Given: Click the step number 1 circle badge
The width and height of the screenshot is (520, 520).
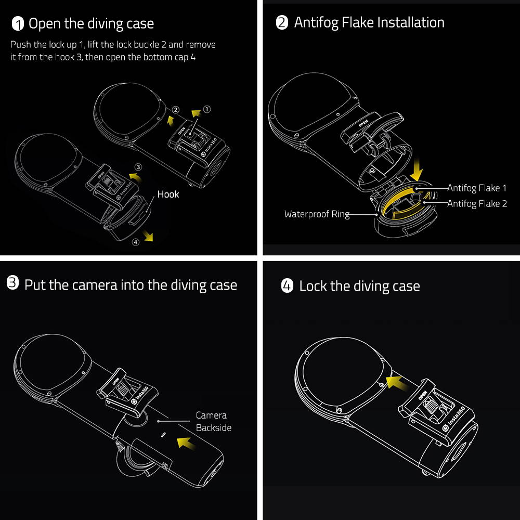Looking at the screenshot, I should click(18, 24).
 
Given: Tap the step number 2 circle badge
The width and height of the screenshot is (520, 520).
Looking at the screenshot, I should click(282, 23).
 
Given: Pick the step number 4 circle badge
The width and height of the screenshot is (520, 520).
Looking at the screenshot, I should click(287, 286).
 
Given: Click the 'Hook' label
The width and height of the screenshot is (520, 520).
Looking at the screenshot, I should click(168, 194).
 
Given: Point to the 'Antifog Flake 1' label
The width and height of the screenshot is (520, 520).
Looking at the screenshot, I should click(476, 188).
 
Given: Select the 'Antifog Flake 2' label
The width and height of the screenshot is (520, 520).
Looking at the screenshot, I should click(477, 204).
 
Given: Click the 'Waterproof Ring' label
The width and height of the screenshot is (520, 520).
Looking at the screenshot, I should click(317, 214).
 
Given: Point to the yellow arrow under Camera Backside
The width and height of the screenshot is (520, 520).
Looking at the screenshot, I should click(188, 442).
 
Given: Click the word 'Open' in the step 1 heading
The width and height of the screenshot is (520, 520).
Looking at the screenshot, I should click(43, 24).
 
